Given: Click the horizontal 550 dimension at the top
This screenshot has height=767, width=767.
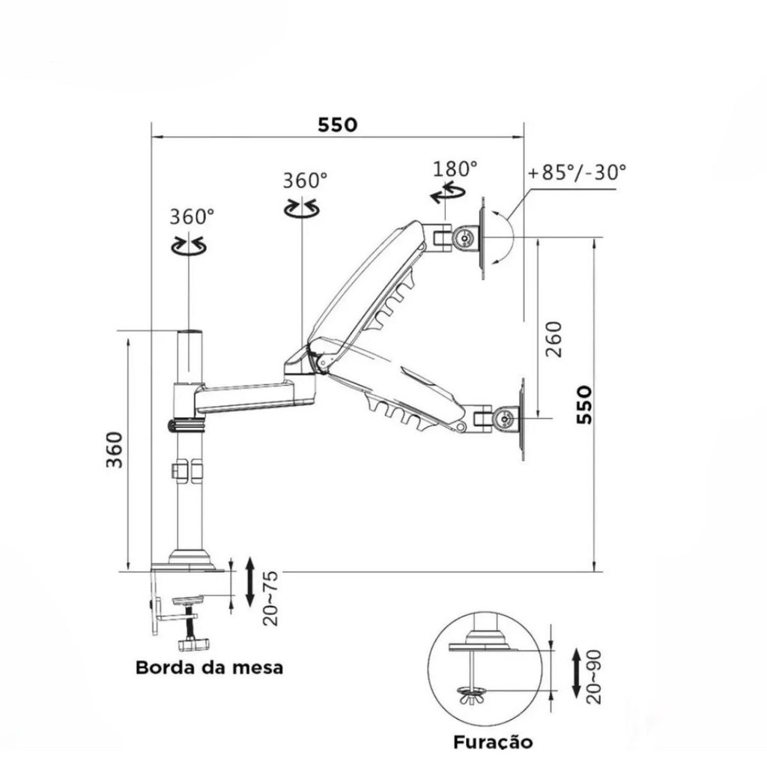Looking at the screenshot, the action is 338,125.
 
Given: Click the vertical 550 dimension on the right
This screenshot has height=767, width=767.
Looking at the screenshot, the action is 584,404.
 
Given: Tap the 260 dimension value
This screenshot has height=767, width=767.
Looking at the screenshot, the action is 554,339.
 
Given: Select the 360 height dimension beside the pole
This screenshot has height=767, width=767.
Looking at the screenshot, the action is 115,449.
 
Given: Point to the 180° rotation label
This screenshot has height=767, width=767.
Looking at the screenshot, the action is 455,169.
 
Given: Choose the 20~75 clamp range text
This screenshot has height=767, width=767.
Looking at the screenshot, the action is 270,598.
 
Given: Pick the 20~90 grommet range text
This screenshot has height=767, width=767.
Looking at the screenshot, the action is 593,677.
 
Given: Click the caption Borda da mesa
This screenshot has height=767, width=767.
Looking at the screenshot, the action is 210,667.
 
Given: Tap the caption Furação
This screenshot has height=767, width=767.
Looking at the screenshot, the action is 493,742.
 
